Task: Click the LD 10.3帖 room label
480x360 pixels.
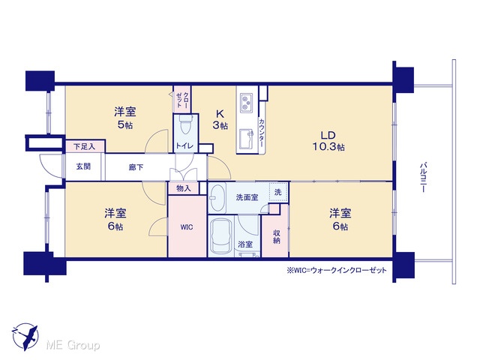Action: click(328, 141)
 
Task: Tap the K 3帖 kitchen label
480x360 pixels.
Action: click(220, 120)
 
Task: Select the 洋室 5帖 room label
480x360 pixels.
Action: click(125, 118)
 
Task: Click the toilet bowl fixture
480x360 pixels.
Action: click(185, 124)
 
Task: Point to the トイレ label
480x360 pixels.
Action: click(184, 145)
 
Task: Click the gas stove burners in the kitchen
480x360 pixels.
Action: click(246, 102)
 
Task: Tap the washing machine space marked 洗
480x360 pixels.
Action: click(278, 192)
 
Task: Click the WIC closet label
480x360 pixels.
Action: click(187, 227)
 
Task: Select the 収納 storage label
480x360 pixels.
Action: click(277, 237)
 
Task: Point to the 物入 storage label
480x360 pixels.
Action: click(184, 188)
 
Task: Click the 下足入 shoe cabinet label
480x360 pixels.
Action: click(85, 147)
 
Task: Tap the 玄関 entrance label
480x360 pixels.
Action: click(83, 166)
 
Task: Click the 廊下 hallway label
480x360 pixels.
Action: click(136, 167)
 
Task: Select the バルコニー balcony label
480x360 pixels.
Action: click(424, 178)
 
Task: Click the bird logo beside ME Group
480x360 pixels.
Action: click(25, 337)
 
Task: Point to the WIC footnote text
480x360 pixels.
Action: click(337, 270)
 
